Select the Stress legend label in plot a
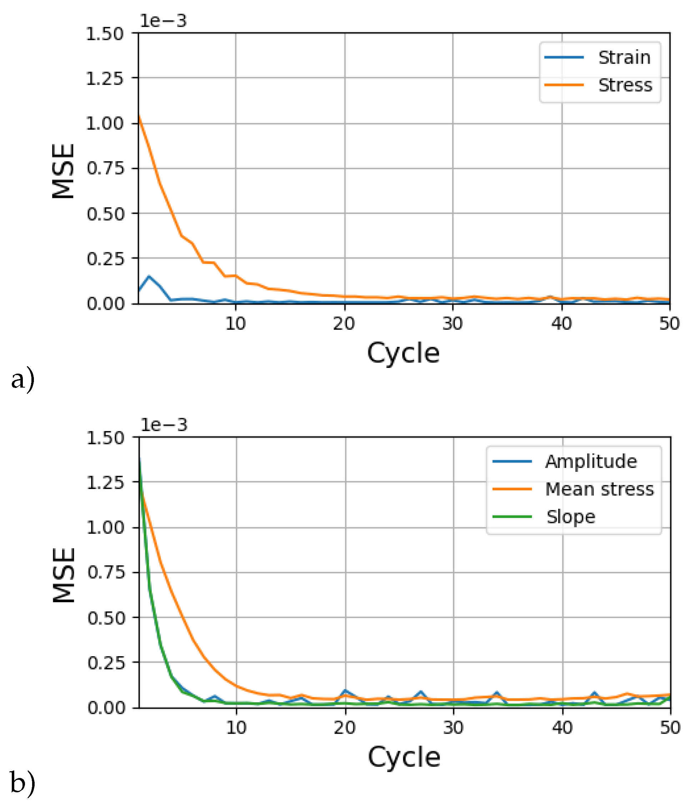625,85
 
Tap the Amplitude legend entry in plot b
591,461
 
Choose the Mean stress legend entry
599,489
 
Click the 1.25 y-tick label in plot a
105,79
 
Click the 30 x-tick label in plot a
453,324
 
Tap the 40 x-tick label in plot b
562,728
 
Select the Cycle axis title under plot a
403,353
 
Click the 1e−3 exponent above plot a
163,21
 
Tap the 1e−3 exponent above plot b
164,425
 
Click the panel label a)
22,379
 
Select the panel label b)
22,783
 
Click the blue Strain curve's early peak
149,276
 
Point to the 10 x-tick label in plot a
235,324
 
